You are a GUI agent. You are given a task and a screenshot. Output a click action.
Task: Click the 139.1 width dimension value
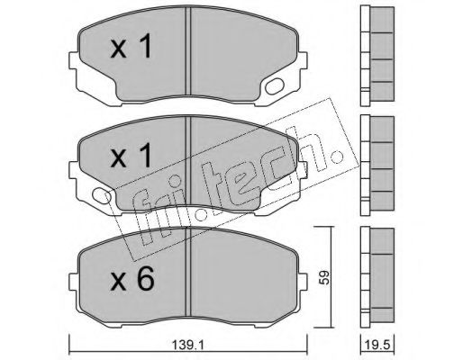(188, 346)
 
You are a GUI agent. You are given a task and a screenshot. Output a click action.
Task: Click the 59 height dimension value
(323, 277)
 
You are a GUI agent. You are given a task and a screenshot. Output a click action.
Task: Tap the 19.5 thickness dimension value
(377, 346)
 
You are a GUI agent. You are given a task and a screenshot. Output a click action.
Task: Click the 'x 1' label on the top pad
(131, 46)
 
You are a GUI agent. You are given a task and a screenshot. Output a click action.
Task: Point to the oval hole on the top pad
(275, 86)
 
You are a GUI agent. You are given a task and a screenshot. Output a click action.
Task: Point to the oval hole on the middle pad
(102, 195)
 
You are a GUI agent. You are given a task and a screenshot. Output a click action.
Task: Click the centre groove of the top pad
(188, 51)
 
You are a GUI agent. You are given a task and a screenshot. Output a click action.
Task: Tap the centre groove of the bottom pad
(188, 272)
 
